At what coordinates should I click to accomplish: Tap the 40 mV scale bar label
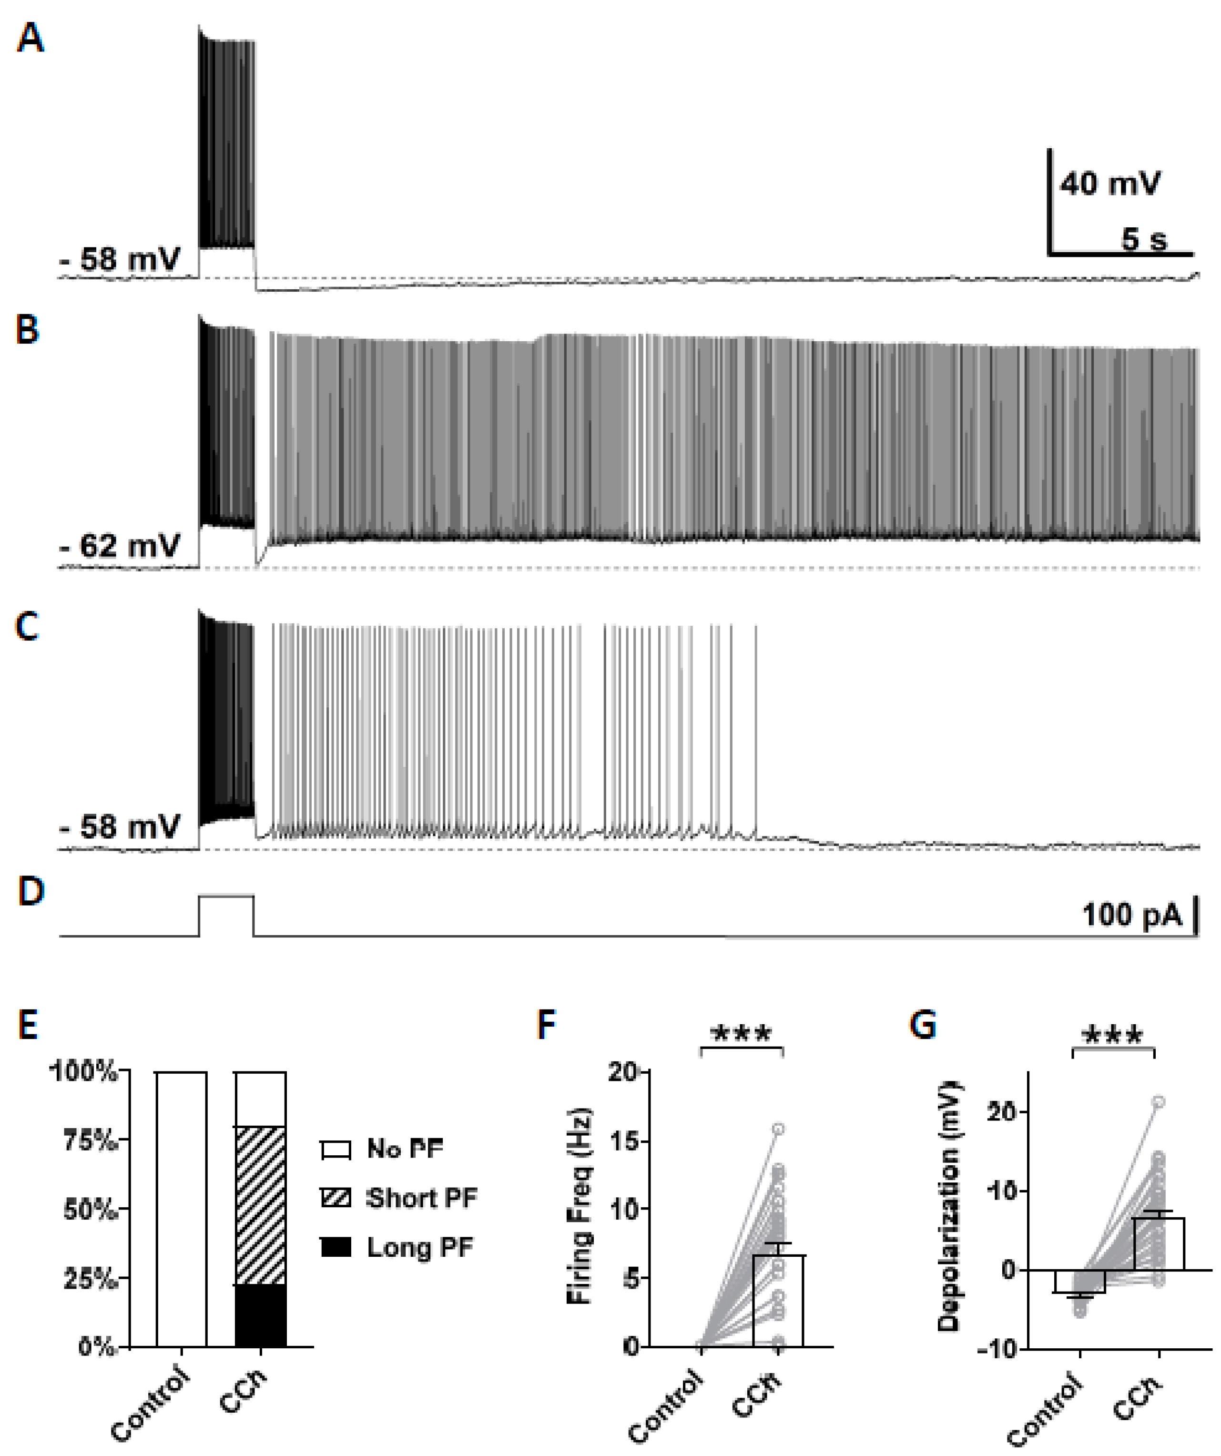point(1109,184)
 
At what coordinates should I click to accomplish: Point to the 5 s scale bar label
point(1144,239)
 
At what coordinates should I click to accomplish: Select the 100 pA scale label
point(1131,915)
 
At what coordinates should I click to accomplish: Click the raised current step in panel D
point(227,896)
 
